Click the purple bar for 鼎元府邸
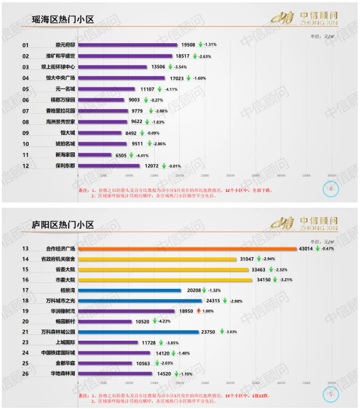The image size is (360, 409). click(128, 45)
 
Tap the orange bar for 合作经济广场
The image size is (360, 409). click(187, 249)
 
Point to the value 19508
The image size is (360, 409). click(188, 45)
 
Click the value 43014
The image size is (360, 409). click(306, 249)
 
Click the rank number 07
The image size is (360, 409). click(26, 111)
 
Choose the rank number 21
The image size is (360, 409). click(26, 331)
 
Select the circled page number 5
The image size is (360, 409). click(331, 395)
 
